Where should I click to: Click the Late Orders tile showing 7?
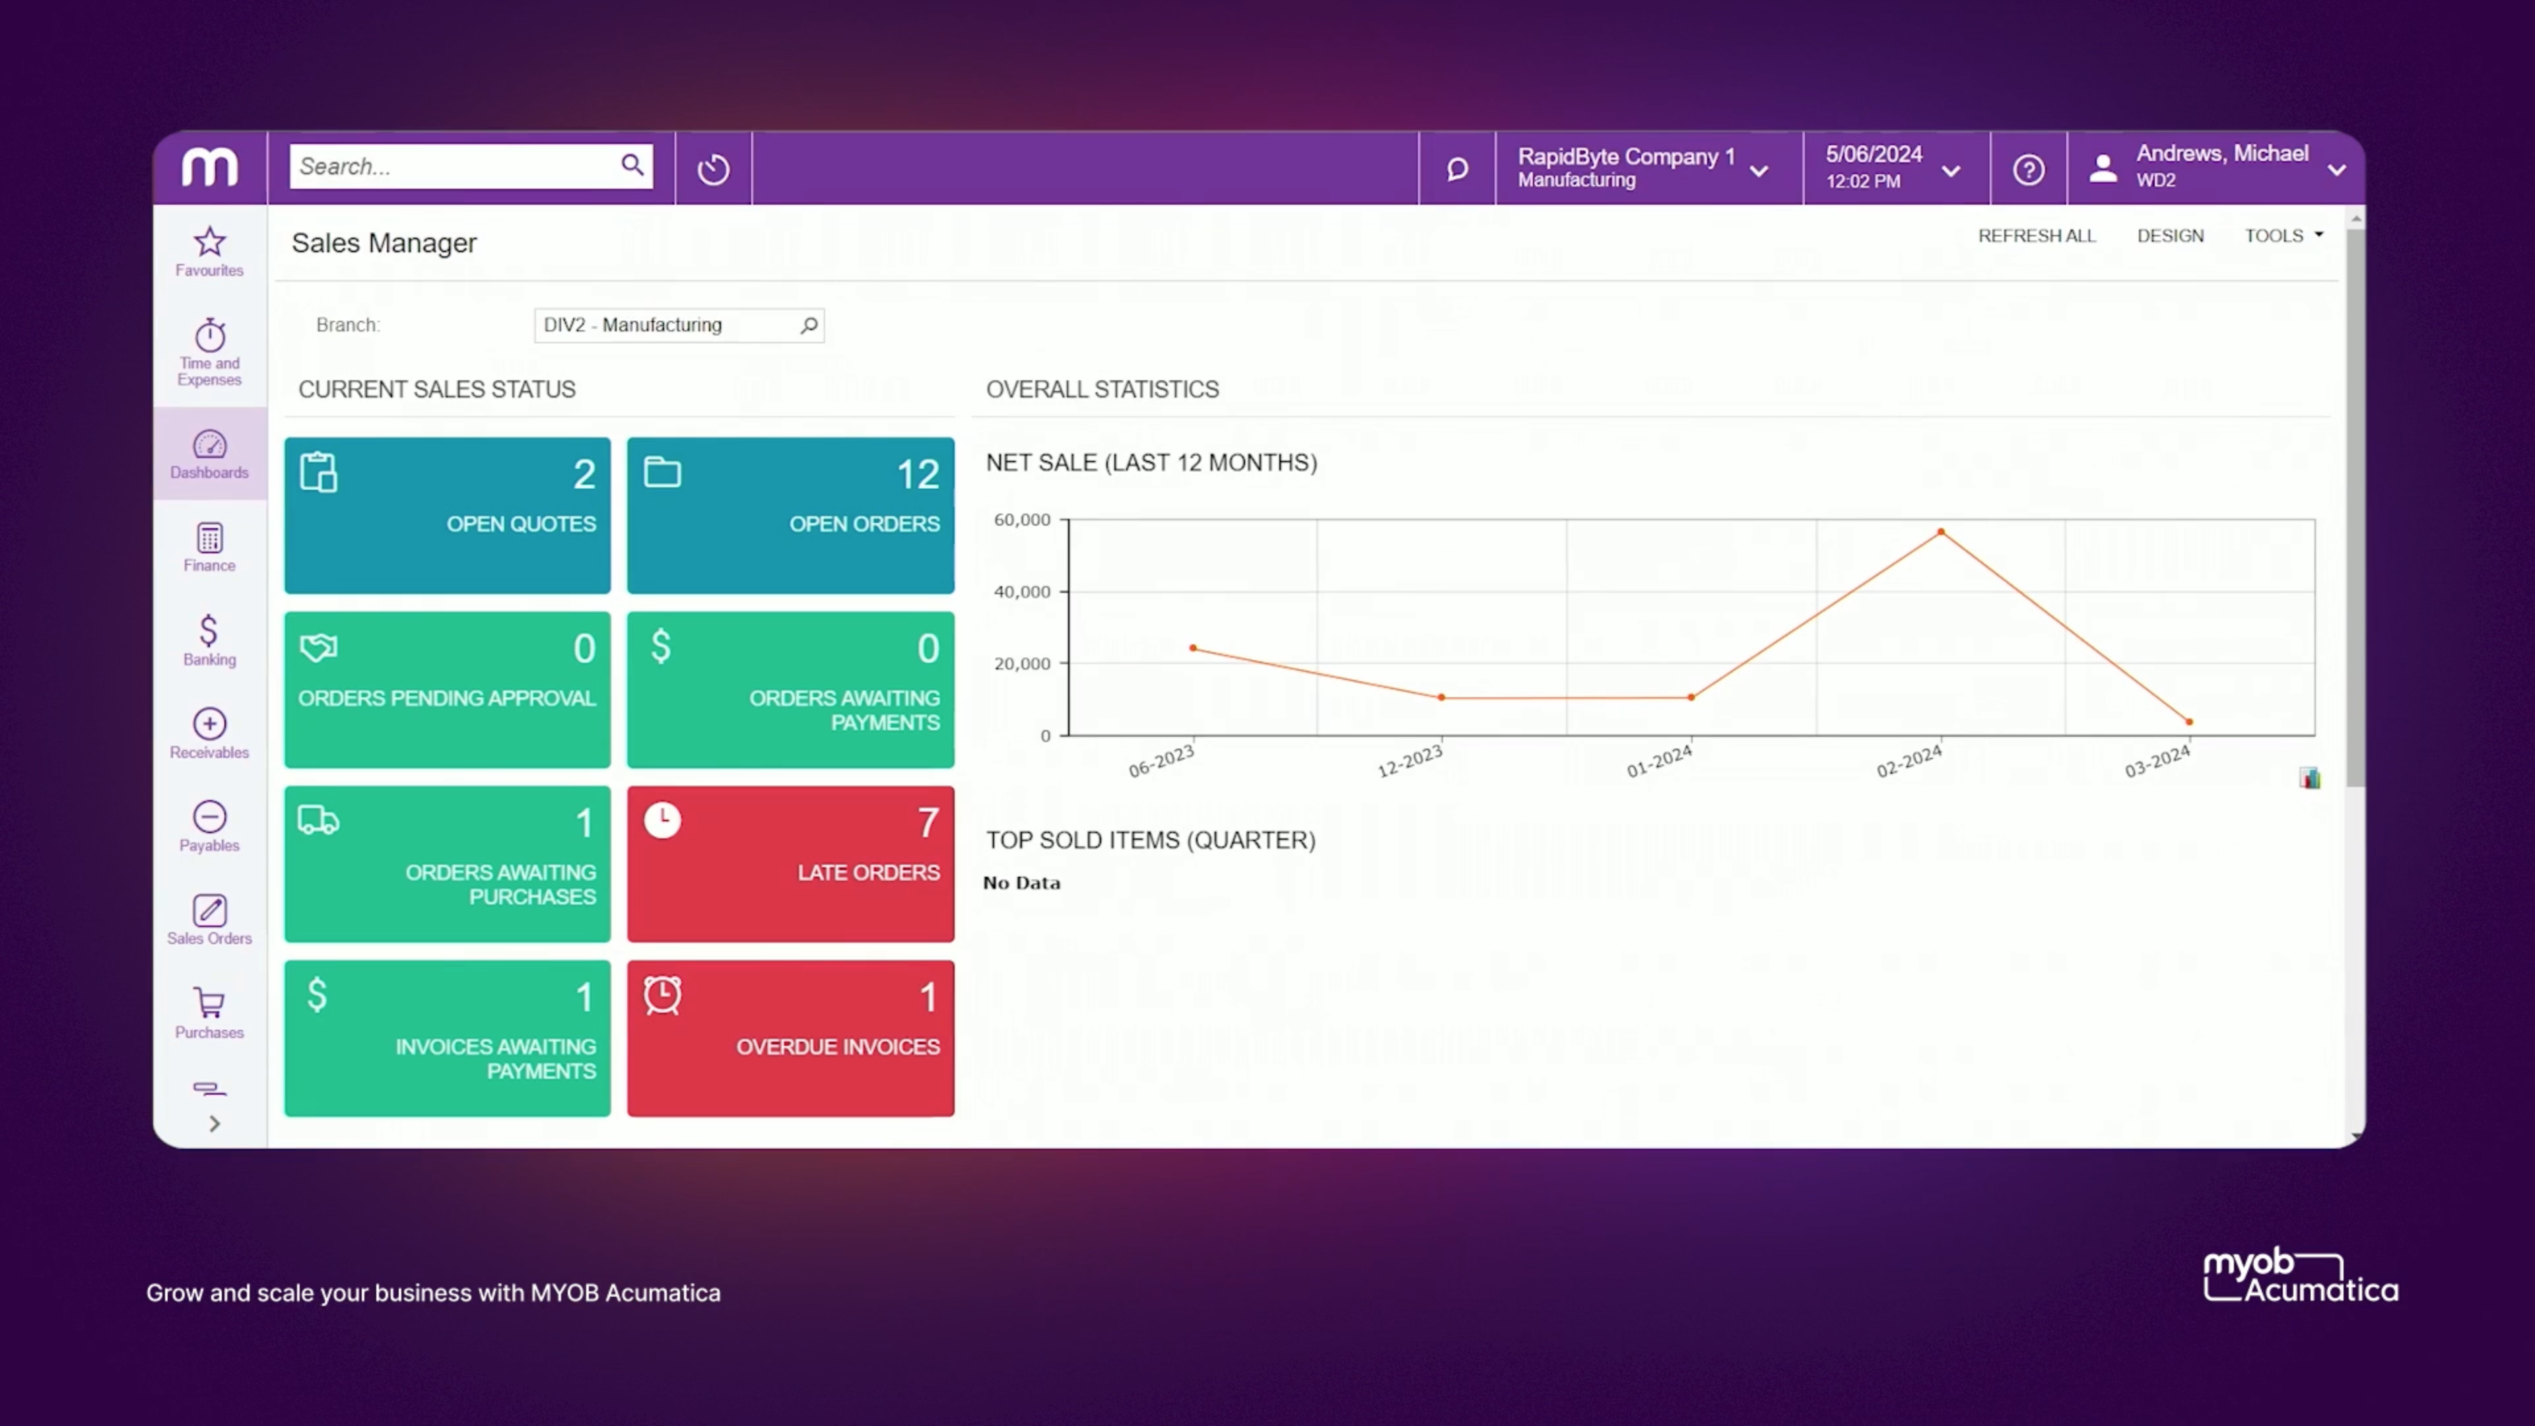pos(790,863)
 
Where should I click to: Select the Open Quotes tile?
pos(447,515)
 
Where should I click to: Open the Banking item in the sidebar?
pos(209,640)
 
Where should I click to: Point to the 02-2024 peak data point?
pos(1941,532)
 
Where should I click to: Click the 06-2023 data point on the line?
pos(1193,648)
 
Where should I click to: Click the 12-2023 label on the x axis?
pos(1409,761)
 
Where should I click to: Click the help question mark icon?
pos(2028,169)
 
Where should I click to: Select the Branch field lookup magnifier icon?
pos(809,325)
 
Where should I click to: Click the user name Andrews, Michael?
pos(2221,154)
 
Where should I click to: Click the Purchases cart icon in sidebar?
pos(209,1003)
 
